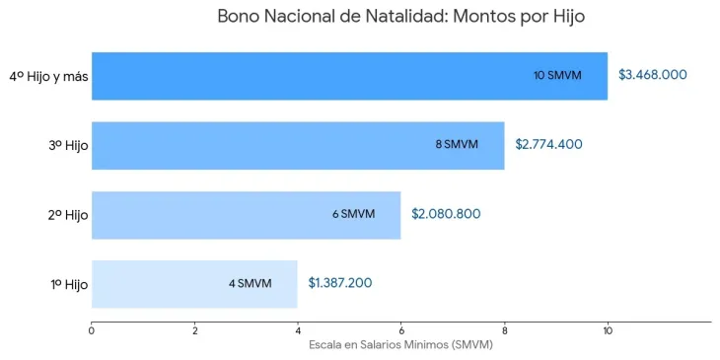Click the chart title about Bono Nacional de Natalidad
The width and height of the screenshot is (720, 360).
click(x=407, y=17)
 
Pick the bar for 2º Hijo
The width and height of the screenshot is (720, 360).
click(x=217, y=214)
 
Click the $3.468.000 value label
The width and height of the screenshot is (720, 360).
click(x=653, y=75)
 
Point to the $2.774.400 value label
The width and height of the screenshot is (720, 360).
click(x=548, y=145)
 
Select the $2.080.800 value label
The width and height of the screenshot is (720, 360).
click(x=446, y=214)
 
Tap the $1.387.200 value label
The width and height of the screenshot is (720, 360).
click(x=340, y=284)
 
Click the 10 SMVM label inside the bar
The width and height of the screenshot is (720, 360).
click(x=557, y=75)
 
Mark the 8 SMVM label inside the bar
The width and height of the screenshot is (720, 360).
click(x=457, y=145)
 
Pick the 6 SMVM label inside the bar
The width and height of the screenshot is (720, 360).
click(x=353, y=214)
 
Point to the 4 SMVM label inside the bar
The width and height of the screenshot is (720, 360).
click(x=250, y=284)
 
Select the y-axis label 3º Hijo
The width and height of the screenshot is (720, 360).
click(x=68, y=145)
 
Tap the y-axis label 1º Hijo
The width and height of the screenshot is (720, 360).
click(x=69, y=284)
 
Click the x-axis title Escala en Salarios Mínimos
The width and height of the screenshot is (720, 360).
click(x=400, y=345)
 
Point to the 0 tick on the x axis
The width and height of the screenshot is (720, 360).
click(x=92, y=330)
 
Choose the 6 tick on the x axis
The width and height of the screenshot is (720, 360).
click(x=400, y=330)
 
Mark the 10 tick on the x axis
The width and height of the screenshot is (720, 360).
click(x=608, y=330)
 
